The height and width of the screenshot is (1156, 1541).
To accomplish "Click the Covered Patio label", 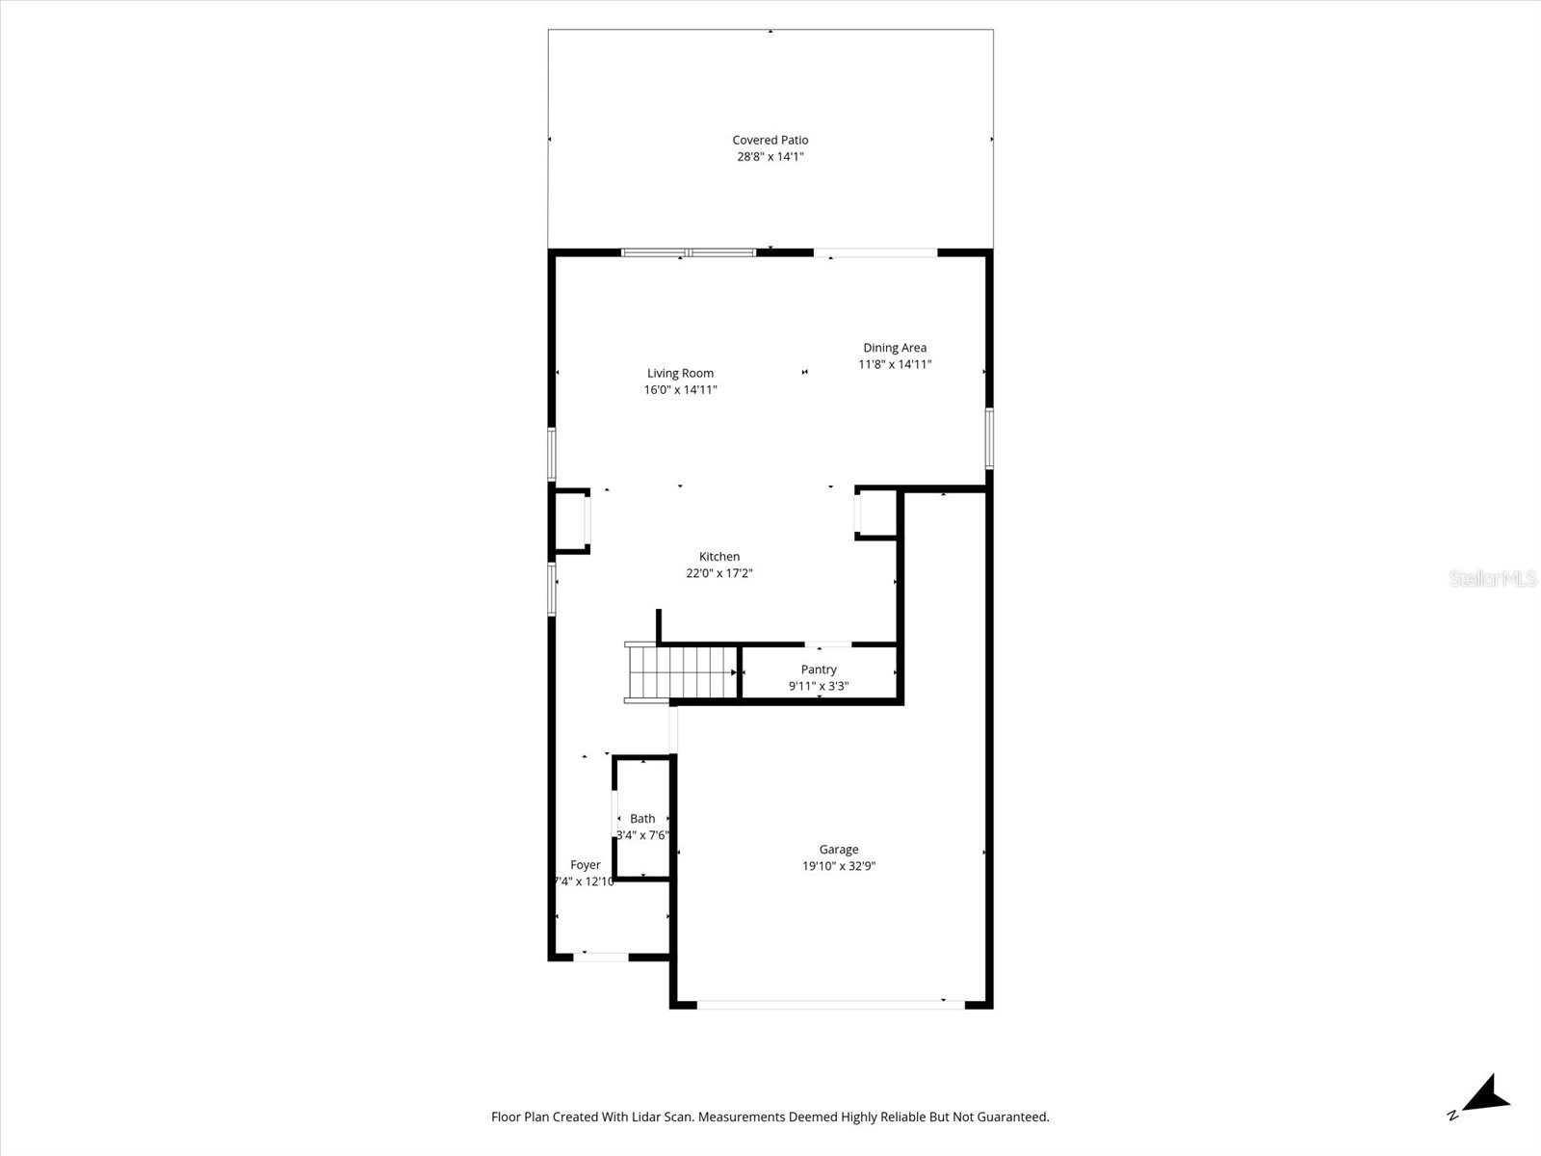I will [770, 140].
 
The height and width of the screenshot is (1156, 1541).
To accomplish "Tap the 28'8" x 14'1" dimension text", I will [770, 157].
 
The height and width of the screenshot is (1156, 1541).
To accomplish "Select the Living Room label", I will [680, 374].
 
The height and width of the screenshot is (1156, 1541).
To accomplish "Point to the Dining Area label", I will [895, 348].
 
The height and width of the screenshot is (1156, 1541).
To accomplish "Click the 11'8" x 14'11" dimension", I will [895, 365].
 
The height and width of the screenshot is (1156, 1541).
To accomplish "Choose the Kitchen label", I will [719, 557].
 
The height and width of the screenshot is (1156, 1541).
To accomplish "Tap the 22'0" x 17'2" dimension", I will [719, 574].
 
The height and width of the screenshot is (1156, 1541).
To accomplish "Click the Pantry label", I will [819, 670].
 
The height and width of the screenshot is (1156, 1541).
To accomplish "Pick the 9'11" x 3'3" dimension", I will [819, 687].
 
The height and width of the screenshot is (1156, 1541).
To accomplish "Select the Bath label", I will [642, 819].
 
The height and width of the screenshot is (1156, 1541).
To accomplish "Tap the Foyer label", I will [585, 865].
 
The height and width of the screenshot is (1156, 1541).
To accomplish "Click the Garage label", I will [839, 850].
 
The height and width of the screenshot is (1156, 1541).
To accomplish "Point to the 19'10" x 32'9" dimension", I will [839, 866].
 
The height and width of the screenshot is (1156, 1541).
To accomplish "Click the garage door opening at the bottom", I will [830, 1004].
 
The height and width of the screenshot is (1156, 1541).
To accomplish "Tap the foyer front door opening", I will [601, 957].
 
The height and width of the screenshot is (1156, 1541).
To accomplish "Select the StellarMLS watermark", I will [1494, 578].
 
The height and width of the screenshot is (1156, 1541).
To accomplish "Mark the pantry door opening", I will [828, 644].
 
